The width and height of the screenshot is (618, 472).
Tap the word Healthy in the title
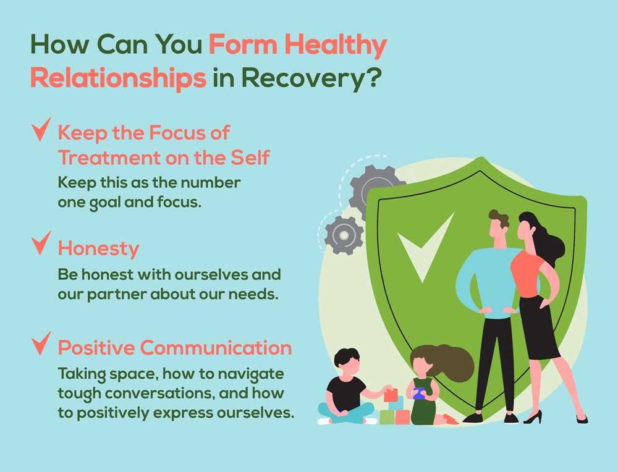click(336, 45)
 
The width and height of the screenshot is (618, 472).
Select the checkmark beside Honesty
click(41, 243)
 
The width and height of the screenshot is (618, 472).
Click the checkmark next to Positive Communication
click(41, 343)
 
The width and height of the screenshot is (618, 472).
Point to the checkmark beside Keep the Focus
click(41, 130)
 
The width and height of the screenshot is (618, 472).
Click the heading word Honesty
click(98, 250)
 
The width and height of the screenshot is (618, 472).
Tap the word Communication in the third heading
click(216, 348)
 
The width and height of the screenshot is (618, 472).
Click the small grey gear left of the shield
click(344, 235)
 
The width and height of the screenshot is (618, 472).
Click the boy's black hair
click(347, 356)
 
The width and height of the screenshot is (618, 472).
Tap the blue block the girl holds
click(418, 393)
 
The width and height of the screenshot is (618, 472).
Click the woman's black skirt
click(539, 327)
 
